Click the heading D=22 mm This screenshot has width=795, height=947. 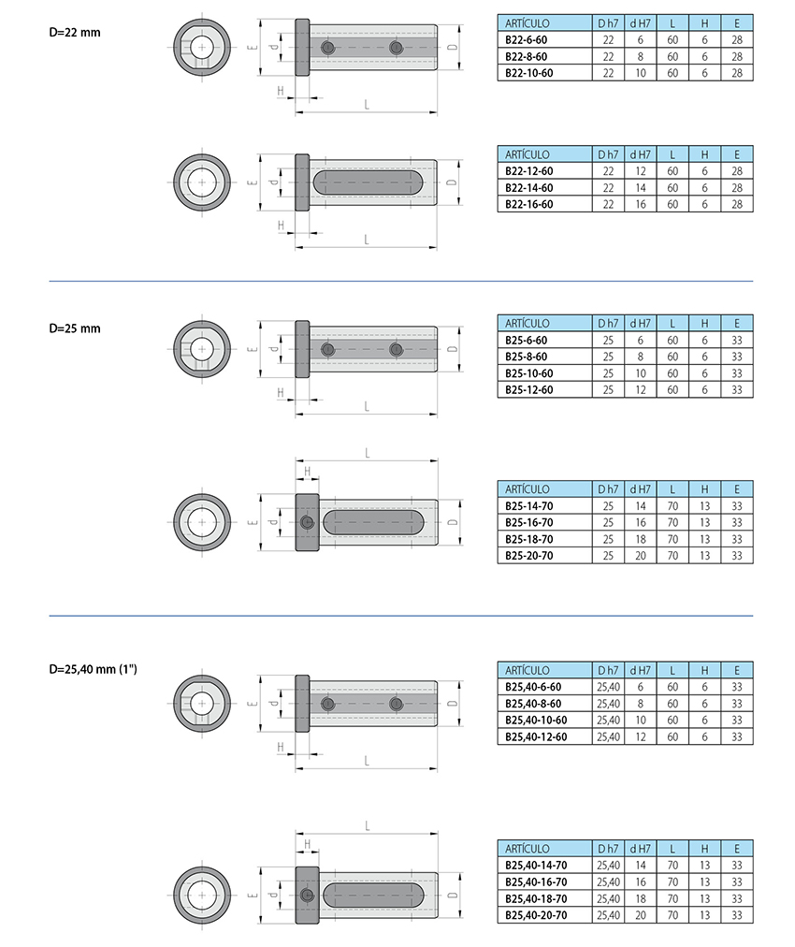click(75, 33)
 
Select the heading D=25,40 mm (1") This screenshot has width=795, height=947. click(93, 669)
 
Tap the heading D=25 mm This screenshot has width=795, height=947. click(75, 328)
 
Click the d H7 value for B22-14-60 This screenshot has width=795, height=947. click(641, 188)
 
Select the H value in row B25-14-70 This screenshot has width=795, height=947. click(705, 506)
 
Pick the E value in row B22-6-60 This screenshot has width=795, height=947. click(737, 40)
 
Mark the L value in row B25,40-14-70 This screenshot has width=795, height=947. click(672, 866)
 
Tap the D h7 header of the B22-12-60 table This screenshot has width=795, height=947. click(609, 154)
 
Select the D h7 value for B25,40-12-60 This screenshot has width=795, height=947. click(609, 736)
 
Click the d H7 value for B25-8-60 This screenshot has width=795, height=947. click(641, 357)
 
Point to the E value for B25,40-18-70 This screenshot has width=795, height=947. click(737, 898)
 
